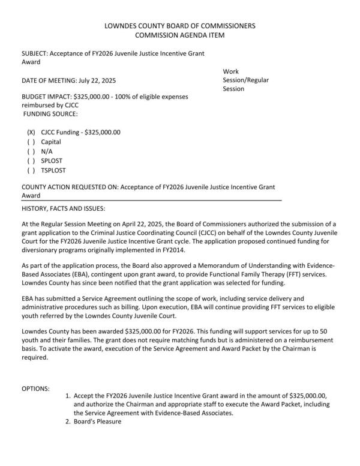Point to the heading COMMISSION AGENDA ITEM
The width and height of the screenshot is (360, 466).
point(179,35)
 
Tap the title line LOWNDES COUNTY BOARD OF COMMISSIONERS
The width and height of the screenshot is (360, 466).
point(179,26)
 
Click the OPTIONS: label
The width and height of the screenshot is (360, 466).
point(35,389)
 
